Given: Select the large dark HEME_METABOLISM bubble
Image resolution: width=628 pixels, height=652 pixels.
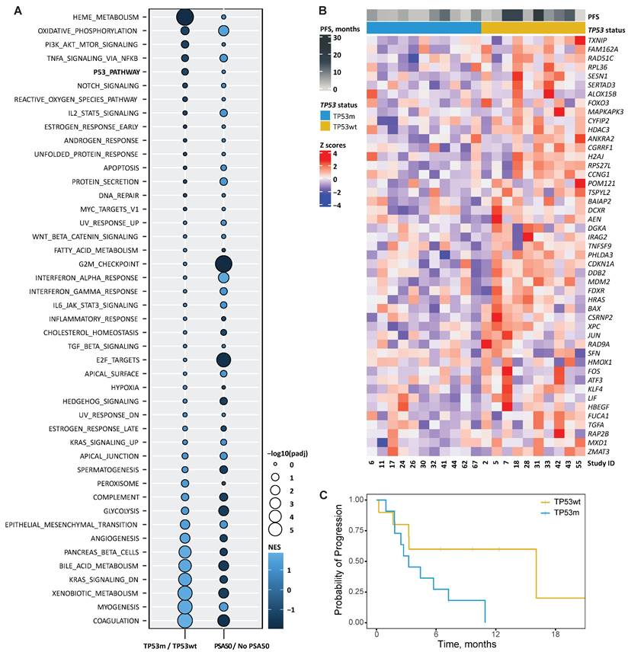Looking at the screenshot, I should [184, 17].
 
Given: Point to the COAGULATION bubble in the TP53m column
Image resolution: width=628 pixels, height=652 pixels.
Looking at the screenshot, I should [184, 621].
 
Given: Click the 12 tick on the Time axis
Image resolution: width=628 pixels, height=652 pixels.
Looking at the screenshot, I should [495, 634].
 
